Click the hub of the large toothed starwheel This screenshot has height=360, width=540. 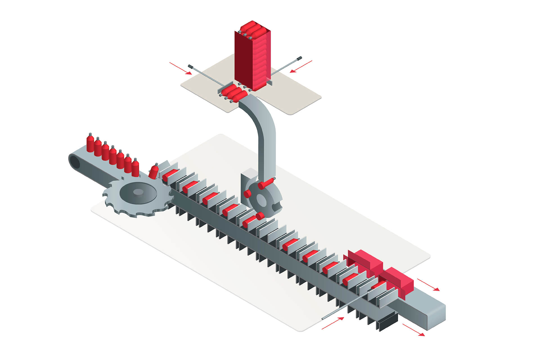[138, 192]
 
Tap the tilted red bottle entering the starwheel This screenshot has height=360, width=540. [154, 172]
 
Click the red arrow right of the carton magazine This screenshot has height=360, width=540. [301, 66]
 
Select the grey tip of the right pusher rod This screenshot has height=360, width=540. [299, 58]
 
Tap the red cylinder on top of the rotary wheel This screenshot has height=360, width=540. [266, 183]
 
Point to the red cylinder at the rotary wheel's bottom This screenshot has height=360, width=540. [260, 216]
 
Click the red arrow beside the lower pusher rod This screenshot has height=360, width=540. [333, 323]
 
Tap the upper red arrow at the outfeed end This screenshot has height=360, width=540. [428, 284]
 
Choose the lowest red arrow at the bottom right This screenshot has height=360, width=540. [413, 330]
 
